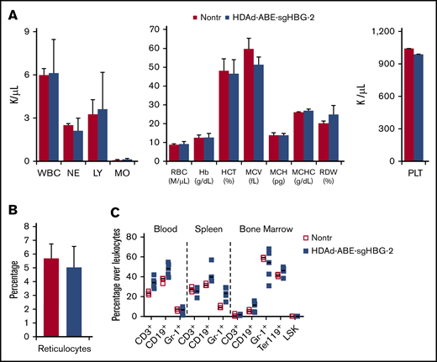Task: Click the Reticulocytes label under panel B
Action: (x=66, y=346)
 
